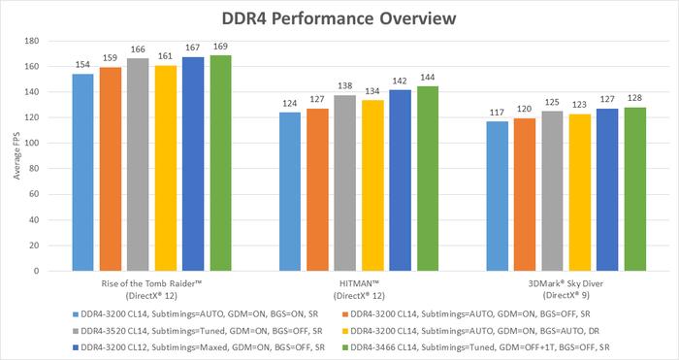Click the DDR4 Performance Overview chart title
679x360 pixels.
pos(339,17)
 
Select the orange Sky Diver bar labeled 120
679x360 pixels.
pos(525,193)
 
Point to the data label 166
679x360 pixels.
pos(137,49)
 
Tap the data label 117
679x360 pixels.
pos(497,111)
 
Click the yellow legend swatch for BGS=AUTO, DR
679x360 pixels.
pos(343,330)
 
